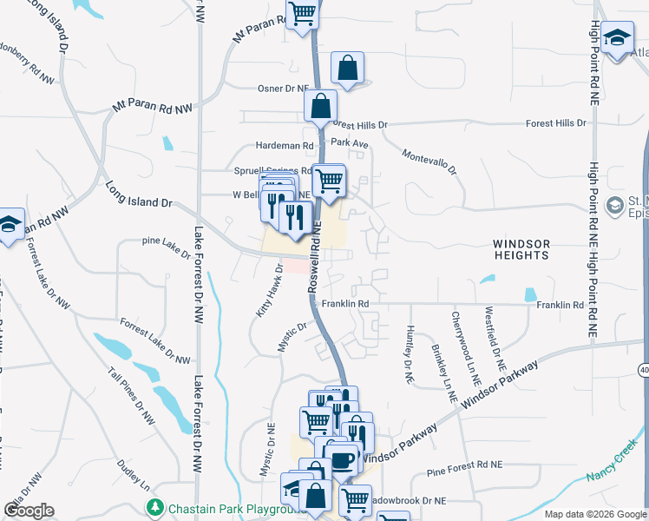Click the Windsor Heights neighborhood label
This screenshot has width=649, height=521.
[x=521, y=249]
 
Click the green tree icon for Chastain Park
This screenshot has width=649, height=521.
[x=155, y=506]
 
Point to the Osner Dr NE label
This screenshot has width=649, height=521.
[x=284, y=89]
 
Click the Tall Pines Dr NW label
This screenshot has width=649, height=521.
[x=132, y=398]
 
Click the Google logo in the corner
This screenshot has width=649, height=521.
[x=29, y=510]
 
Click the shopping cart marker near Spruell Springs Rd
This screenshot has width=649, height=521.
[x=328, y=180]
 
